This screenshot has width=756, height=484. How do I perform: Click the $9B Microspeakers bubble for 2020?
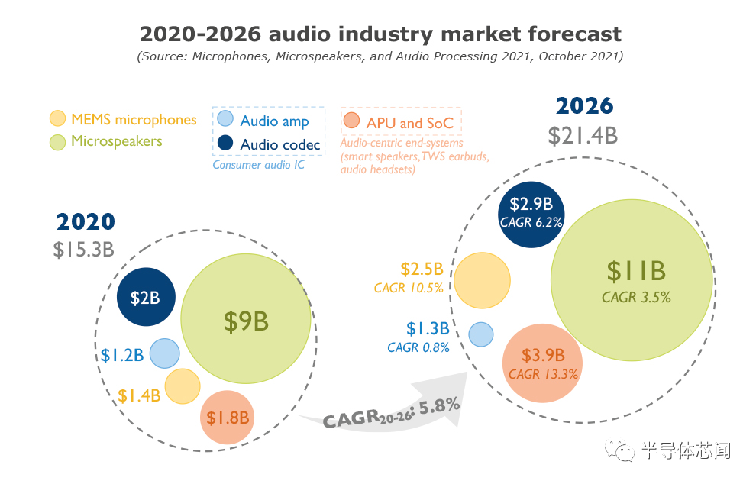pyautogui.click(x=246, y=321)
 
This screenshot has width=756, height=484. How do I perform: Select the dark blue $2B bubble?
pyautogui.click(x=146, y=298)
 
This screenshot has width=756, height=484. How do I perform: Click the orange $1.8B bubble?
pyautogui.click(x=227, y=417)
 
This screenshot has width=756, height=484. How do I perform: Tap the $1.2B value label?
pyautogui.click(x=122, y=355)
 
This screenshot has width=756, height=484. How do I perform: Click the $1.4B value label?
pyautogui.click(x=139, y=395)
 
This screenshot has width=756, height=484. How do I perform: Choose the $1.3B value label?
pyautogui.click(x=427, y=329)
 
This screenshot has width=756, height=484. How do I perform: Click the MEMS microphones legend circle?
pyautogui.click(x=57, y=119)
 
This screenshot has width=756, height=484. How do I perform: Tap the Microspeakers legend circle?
pyautogui.click(x=57, y=142)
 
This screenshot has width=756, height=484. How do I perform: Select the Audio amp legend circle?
pyautogui.click(x=225, y=119)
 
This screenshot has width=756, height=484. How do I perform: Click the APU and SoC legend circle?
pyautogui.click(x=351, y=121)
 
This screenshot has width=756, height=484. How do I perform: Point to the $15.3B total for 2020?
pyautogui.click(x=84, y=249)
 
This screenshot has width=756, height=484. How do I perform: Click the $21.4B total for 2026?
pyautogui.click(x=583, y=136)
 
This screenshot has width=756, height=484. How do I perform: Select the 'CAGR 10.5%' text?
pyautogui.click(x=411, y=289)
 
